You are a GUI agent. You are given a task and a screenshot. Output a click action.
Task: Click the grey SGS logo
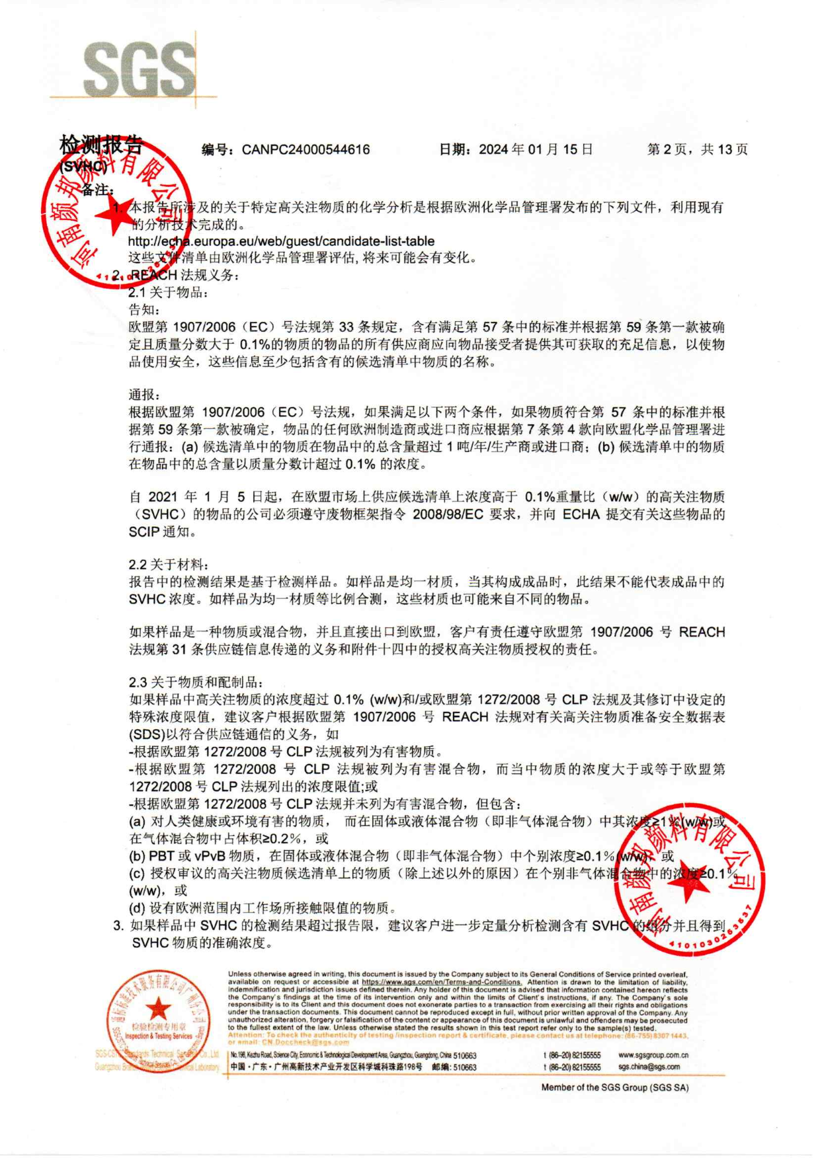[x=140, y=69]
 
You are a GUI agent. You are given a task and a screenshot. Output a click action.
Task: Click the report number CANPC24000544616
[x=306, y=149]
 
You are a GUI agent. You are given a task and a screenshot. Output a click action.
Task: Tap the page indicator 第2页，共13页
[x=697, y=149]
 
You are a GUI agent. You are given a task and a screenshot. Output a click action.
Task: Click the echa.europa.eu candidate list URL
[x=281, y=241]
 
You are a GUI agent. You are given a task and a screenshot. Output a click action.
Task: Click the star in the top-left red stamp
[x=112, y=215]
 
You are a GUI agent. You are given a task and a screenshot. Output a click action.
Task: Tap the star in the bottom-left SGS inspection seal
[x=158, y=1009]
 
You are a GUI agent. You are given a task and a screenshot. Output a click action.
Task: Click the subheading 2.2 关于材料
[x=169, y=564]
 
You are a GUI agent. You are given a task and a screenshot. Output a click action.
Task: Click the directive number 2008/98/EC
[x=448, y=514]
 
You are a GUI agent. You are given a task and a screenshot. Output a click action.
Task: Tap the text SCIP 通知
[x=161, y=531]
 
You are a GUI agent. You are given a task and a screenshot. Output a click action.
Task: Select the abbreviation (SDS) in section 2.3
[x=146, y=734]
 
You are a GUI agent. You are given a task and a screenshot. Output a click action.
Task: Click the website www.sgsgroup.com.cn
[x=653, y=1055]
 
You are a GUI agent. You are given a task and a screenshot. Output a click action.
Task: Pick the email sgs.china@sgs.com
[x=649, y=1066]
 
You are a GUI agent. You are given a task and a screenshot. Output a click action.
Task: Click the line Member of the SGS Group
[x=614, y=1087]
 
